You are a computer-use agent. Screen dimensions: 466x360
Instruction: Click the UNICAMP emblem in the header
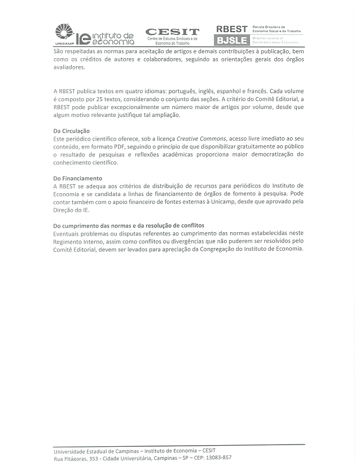click(x=64, y=32)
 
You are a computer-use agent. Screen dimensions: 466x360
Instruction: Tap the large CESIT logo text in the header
click(x=172, y=32)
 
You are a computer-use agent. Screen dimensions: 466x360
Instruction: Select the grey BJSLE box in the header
click(x=231, y=41)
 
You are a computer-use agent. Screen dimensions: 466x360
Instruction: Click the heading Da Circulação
click(x=72, y=130)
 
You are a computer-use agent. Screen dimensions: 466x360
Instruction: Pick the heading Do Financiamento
click(x=78, y=178)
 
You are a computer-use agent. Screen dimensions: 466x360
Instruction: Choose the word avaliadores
click(x=69, y=67)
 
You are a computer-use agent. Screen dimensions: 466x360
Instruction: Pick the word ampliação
click(x=163, y=115)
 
